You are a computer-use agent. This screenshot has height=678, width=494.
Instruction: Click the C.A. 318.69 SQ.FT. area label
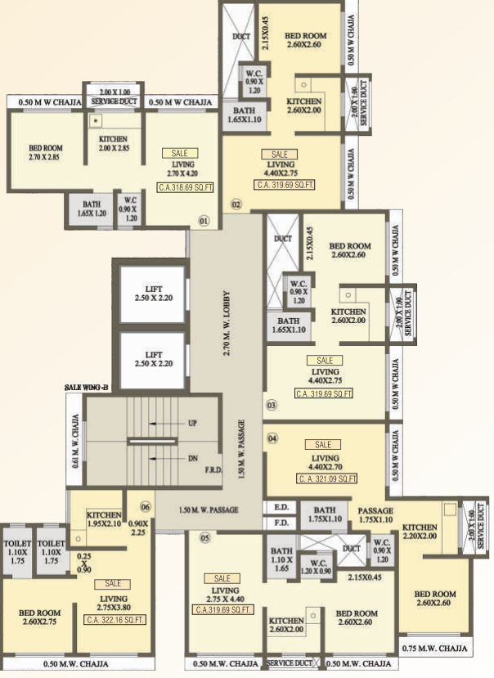tap(186, 187)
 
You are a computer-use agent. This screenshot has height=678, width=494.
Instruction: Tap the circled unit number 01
tap(204, 220)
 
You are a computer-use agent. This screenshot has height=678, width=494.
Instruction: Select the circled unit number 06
tap(146, 505)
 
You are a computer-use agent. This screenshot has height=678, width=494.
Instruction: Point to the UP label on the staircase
tap(193, 424)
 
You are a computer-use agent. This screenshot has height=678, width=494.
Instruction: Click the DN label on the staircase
tap(193, 458)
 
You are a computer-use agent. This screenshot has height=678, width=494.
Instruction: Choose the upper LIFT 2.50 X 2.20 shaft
tap(154, 293)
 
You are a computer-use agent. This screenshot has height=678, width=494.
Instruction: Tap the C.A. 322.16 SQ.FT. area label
tap(113, 618)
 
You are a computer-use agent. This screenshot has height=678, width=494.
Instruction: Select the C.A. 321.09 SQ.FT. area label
tap(322, 478)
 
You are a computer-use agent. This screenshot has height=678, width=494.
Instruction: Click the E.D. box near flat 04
tap(281, 507)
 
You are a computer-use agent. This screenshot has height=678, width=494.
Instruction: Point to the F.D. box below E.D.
tap(281, 522)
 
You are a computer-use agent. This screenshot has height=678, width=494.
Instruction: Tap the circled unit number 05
tap(204, 537)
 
